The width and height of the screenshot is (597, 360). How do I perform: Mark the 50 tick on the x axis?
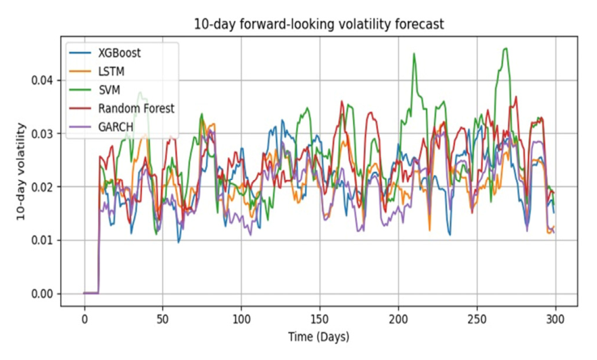162,319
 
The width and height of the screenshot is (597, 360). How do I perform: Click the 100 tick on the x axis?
241,319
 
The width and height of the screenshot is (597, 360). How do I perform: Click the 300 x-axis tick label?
556,319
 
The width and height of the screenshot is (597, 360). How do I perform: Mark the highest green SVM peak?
506,49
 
